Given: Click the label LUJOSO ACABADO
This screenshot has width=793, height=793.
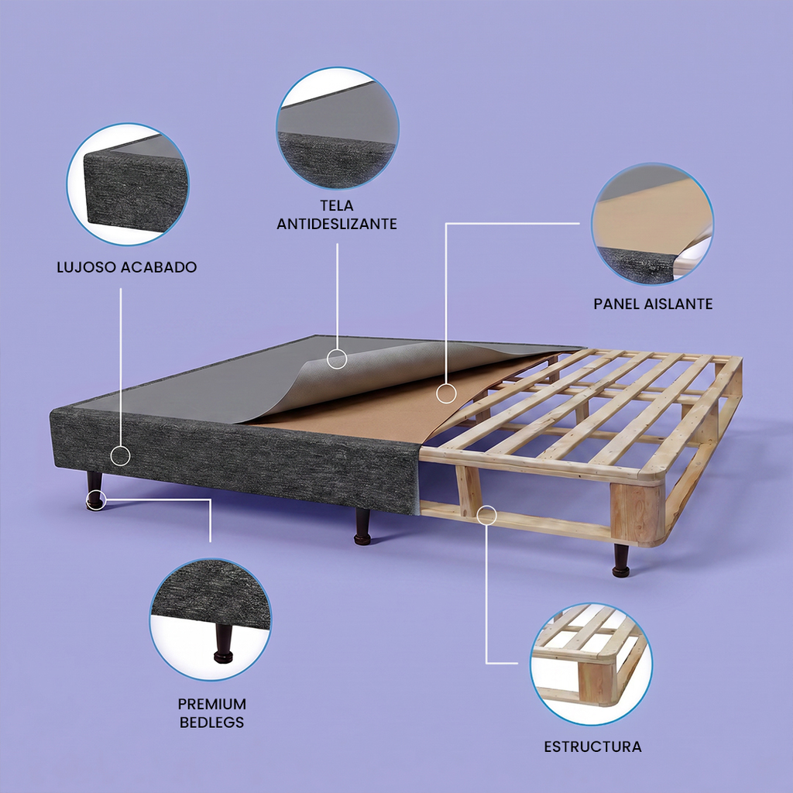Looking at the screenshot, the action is [127, 267].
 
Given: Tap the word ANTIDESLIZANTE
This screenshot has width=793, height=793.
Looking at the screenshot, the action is [337, 224].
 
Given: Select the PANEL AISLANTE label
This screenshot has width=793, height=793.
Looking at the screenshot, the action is [653, 304].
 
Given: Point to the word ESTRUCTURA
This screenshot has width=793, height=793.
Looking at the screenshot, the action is [592, 747].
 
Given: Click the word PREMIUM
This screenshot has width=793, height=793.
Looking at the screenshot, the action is [212, 704].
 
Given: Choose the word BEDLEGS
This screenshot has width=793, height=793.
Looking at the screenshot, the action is [212, 723].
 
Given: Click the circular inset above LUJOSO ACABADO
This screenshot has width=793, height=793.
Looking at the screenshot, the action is [128, 184].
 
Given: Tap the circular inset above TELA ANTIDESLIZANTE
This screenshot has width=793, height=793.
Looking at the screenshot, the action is [338, 129].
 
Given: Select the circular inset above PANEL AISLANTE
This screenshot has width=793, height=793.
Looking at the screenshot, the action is [652, 224].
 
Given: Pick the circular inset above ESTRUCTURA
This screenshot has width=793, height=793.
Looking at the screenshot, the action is [591, 664].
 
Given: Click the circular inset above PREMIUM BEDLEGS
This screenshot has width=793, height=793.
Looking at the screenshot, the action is [211, 619].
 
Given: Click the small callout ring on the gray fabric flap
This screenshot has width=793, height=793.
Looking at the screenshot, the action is [337, 359].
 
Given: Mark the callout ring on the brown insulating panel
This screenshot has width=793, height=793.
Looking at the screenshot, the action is [446, 393].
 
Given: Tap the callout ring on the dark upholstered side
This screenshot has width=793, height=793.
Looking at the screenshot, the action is [120, 455].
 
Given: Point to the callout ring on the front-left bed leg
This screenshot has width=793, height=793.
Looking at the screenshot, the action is [95, 499].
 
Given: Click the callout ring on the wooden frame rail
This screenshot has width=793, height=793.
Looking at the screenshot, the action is [486, 515].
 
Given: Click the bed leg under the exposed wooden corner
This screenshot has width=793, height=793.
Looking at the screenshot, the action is [620, 561].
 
